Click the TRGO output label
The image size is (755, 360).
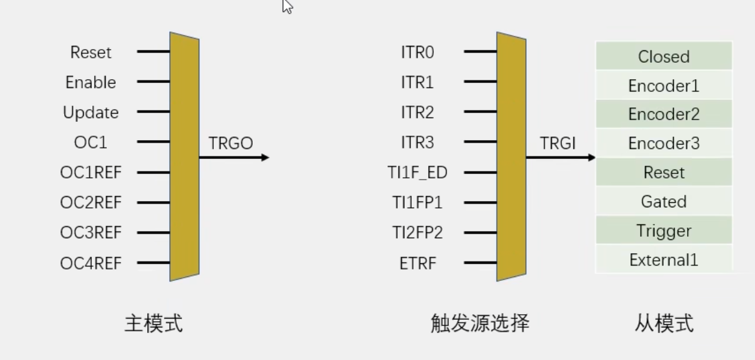(230, 144)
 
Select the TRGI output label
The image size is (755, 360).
(558, 144)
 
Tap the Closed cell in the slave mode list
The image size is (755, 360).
(664, 57)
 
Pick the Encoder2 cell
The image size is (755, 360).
(664, 114)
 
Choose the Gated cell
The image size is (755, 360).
(664, 202)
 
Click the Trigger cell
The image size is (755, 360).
(664, 231)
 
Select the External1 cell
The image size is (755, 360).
(664, 259)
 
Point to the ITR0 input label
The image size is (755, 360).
(417, 53)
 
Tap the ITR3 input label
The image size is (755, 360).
(417, 143)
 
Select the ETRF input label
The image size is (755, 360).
(417, 263)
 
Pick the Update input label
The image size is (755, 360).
(91, 112)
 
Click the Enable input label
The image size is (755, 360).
(91, 82)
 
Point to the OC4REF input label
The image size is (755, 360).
(91, 263)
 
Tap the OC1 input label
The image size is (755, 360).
(91, 143)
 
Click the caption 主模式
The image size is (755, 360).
(153, 324)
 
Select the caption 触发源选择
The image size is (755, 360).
(480, 324)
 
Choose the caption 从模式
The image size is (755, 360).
(664, 324)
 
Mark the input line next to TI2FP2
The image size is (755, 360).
(480, 232)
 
